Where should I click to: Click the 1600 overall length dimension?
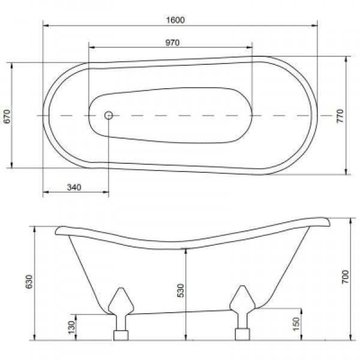[x=175, y=20]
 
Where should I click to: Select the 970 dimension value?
[x=172, y=43]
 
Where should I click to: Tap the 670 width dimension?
[x=7, y=116]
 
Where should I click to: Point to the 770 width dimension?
[x=340, y=116]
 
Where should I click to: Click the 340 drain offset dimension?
[x=74, y=187]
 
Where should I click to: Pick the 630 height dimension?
[x=29, y=281]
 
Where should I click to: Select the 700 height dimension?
[x=345, y=277]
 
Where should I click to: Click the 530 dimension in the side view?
[x=181, y=290]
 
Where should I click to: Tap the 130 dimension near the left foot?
[x=71, y=327]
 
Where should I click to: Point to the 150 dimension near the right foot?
[x=296, y=324]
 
